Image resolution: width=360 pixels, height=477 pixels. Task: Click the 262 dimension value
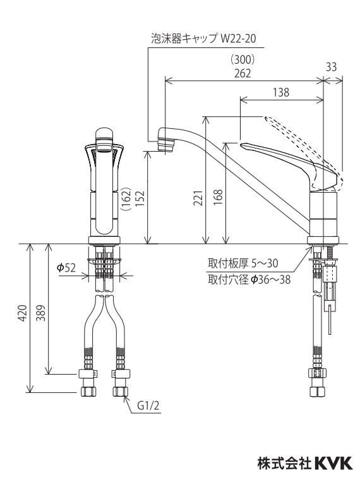(243, 73)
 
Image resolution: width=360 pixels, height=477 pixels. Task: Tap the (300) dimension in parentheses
(243, 60)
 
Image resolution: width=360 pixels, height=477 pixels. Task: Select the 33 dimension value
(331, 67)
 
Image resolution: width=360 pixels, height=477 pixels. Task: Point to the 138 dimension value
(280, 92)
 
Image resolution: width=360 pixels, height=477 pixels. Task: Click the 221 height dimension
(198, 198)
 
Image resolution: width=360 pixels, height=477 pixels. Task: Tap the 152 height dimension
(140, 198)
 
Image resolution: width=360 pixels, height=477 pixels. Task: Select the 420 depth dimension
(23, 313)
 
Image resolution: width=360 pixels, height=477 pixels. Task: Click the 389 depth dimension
(41, 313)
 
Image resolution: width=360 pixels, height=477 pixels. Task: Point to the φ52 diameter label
(66, 268)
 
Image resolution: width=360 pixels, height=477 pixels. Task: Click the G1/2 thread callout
(148, 406)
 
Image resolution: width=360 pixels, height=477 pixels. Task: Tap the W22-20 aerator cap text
(238, 39)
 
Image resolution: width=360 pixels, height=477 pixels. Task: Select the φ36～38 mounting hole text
(270, 279)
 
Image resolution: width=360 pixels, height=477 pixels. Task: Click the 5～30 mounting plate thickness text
(265, 263)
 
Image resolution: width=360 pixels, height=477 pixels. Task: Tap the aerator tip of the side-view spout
(166, 144)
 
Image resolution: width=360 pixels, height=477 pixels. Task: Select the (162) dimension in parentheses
(127, 199)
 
